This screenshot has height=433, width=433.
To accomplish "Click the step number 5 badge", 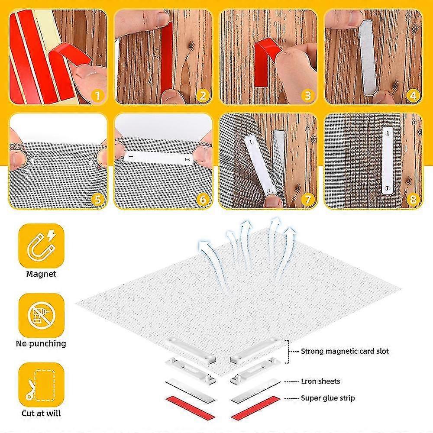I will [98, 200].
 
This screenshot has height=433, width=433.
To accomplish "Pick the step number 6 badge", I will [203, 200].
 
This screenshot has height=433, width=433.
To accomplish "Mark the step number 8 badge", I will [413, 200].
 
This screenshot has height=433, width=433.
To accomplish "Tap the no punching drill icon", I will [41, 314].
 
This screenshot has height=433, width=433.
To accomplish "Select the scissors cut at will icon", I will [41, 384].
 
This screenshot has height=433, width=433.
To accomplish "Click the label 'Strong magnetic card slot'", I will [345, 351].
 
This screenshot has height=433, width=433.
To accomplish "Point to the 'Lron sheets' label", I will [320, 381].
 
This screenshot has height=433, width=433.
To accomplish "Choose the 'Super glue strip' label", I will [328, 397].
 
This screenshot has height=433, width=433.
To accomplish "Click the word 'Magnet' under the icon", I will [41, 274].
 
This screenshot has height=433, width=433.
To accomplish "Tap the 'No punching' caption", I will [41, 344].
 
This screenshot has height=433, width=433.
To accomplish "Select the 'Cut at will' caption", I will [41, 414].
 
